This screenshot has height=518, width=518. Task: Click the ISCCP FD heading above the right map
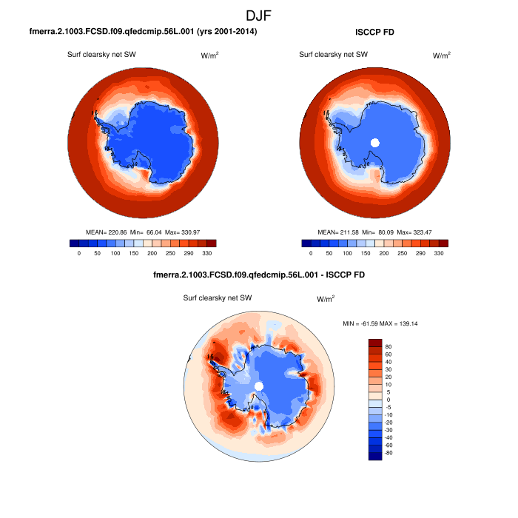(x=374, y=32)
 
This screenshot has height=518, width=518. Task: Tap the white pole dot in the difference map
(x=258, y=386)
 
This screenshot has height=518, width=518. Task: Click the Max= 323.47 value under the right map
(x=417, y=232)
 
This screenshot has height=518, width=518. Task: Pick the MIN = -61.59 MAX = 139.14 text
(x=381, y=324)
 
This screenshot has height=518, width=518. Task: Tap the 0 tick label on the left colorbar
(x=78, y=253)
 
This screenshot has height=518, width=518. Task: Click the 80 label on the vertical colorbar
(x=388, y=346)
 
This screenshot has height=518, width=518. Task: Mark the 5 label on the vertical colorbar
(x=388, y=392)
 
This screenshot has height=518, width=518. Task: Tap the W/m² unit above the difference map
(x=326, y=299)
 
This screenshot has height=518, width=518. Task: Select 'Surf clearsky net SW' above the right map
(x=333, y=55)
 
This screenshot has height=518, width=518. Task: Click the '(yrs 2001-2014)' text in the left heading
(x=222, y=32)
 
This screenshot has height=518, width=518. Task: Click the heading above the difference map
(x=258, y=275)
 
